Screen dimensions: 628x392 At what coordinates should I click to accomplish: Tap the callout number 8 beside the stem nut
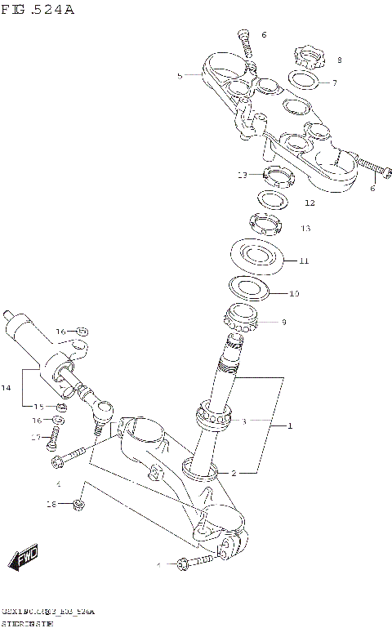click(340, 60)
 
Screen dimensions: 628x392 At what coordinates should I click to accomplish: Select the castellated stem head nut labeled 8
click(308, 57)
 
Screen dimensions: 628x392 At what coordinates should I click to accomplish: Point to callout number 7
click(334, 83)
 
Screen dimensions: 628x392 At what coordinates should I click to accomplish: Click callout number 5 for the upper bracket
click(180, 75)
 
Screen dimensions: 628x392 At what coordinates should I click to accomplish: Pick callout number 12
click(310, 203)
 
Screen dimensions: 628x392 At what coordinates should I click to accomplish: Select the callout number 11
click(304, 261)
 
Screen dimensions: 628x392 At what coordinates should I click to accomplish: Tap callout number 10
click(294, 292)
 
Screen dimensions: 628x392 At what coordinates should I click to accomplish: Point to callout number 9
click(283, 323)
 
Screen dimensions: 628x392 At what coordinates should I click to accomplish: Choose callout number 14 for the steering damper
click(7, 388)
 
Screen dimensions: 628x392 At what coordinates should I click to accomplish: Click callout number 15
click(38, 406)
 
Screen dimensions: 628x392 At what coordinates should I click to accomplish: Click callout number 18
click(50, 506)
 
